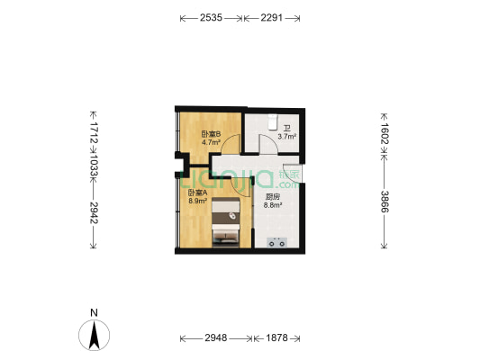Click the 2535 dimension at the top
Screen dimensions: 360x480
click(x=212, y=17)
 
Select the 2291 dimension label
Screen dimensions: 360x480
click(x=273, y=17)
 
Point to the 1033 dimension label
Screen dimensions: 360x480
click(x=94, y=166)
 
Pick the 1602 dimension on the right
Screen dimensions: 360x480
click(x=385, y=135)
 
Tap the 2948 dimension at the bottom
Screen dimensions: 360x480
click(x=216, y=338)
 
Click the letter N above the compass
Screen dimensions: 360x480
click(x=94, y=314)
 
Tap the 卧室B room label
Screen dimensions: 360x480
click(x=211, y=134)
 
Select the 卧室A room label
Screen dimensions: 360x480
click(x=197, y=193)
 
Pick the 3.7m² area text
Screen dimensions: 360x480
click(x=286, y=138)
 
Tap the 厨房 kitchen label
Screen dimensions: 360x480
click(x=272, y=196)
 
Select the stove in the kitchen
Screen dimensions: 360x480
click(x=276, y=240)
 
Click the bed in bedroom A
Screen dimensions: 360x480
click(x=226, y=225)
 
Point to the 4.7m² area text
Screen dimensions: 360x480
click(x=211, y=142)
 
